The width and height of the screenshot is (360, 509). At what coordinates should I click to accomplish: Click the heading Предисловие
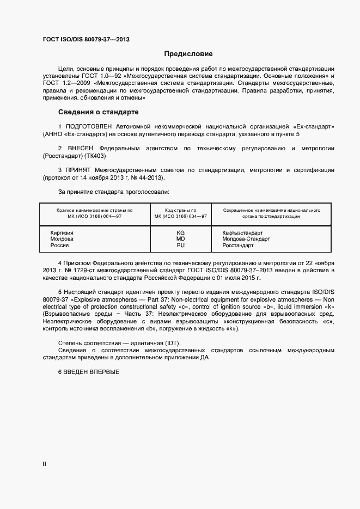[188, 54]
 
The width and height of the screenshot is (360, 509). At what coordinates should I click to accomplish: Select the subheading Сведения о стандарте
[98, 112]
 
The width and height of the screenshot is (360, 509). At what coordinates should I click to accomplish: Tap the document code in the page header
[86, 40]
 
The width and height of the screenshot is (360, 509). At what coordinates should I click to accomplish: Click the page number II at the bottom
[44, 464]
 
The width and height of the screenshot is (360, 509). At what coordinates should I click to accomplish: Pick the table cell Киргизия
[62, 232]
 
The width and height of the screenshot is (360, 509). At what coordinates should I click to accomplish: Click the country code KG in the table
[181, 232]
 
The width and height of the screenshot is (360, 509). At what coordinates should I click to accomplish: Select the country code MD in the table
[181, 239]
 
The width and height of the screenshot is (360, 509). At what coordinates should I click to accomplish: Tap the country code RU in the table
[181, 246]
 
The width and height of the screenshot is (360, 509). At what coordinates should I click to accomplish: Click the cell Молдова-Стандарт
[246, 239]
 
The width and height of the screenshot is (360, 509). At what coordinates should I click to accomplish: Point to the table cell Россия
[59, 246]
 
